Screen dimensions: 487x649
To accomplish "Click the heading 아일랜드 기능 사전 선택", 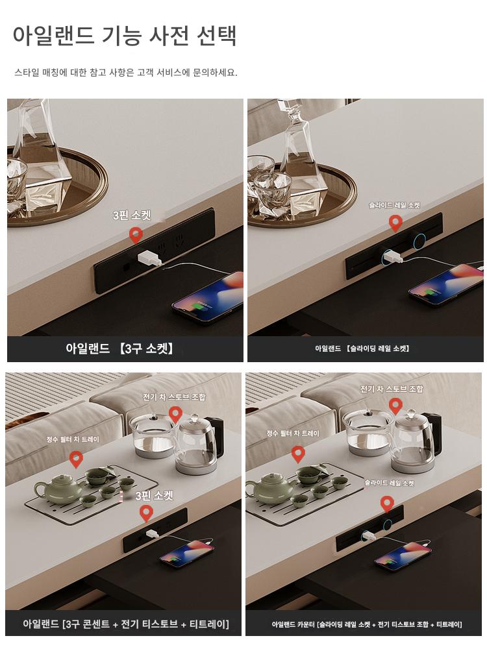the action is coord(125,36).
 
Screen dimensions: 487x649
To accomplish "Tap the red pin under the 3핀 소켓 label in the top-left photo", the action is coord(136,235).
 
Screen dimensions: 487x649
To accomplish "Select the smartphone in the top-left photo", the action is coord(208,296).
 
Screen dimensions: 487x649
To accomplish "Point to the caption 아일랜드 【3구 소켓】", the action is coord(119,349).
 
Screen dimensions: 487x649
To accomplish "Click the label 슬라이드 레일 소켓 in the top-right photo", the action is coord(395,205).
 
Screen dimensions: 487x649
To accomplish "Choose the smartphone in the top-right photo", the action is coord(446,286).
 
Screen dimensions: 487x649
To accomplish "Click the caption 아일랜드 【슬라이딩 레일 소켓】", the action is coord(362,349).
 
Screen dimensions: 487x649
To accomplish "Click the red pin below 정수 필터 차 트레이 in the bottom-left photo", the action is coord(76,459).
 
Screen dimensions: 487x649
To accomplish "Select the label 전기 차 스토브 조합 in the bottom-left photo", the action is coord(174,397).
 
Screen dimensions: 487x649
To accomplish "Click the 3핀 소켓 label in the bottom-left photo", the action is coord(154,496).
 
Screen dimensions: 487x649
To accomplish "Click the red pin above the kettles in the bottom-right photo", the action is coord(395,406).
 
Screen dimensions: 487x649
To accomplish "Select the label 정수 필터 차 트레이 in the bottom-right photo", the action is coord(293,434).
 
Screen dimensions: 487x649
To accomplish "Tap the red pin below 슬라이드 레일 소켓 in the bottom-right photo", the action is coord(387,504).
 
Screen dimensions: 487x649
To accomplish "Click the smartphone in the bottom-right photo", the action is coord(403,557).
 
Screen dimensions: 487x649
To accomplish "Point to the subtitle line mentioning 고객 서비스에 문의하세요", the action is coord(126,73).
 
